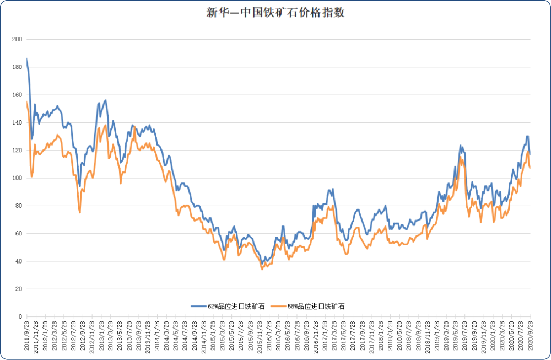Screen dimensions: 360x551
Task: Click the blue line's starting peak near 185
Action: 27,60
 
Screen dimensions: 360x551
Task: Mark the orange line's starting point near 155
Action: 27,102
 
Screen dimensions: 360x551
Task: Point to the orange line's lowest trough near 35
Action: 262,268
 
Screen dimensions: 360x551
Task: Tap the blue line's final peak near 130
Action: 527,136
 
